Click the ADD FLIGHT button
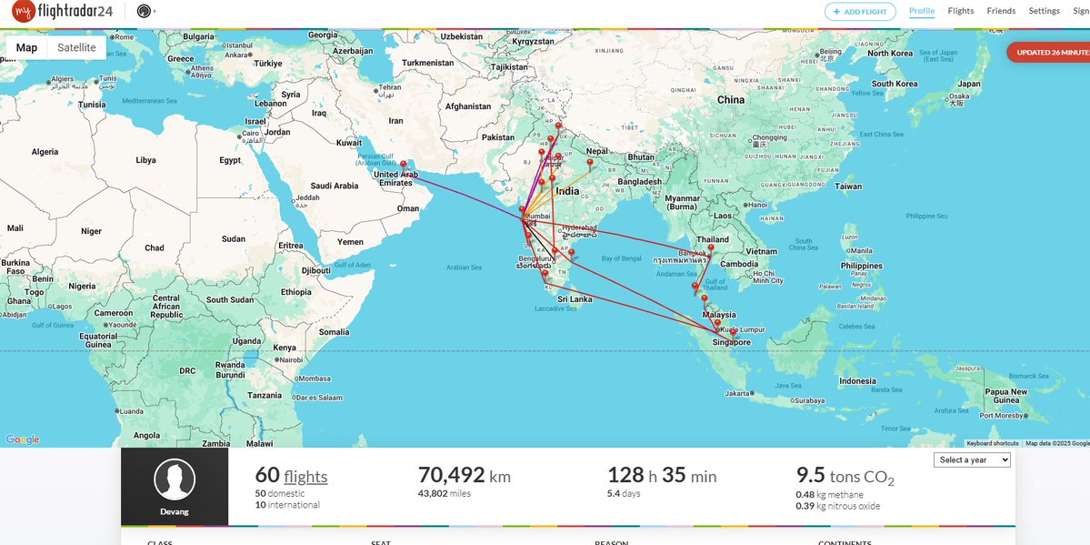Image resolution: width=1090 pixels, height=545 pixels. coord(860,12)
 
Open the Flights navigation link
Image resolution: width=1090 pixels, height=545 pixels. coord(960,12)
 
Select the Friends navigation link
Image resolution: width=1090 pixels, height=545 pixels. coord(1001,12)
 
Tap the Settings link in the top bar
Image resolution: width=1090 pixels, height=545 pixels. coord(1044,12)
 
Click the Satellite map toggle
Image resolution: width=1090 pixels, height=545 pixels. coord(76,48)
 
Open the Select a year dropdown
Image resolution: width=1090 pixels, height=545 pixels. coord(972,460)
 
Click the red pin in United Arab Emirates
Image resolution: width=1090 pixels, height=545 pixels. coord(404,166)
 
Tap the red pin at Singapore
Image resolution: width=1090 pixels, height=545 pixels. coord(734,333)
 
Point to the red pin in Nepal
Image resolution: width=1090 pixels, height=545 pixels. coord(590,164)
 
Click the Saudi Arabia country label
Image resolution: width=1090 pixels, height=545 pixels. coord(334,187)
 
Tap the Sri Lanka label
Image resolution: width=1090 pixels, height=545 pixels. coord(575,299)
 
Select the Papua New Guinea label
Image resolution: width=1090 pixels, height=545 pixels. coord(1006,396)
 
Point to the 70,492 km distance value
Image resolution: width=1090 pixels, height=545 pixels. coord(464,476)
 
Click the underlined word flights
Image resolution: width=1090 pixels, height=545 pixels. coord(305,477)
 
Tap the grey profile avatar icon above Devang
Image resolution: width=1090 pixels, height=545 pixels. coord(175,479)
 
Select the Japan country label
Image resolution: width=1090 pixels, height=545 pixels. coord(969,85)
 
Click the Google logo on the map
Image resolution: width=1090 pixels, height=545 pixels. coord(23,439)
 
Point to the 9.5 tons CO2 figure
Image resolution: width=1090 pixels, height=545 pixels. coord(845,477)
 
